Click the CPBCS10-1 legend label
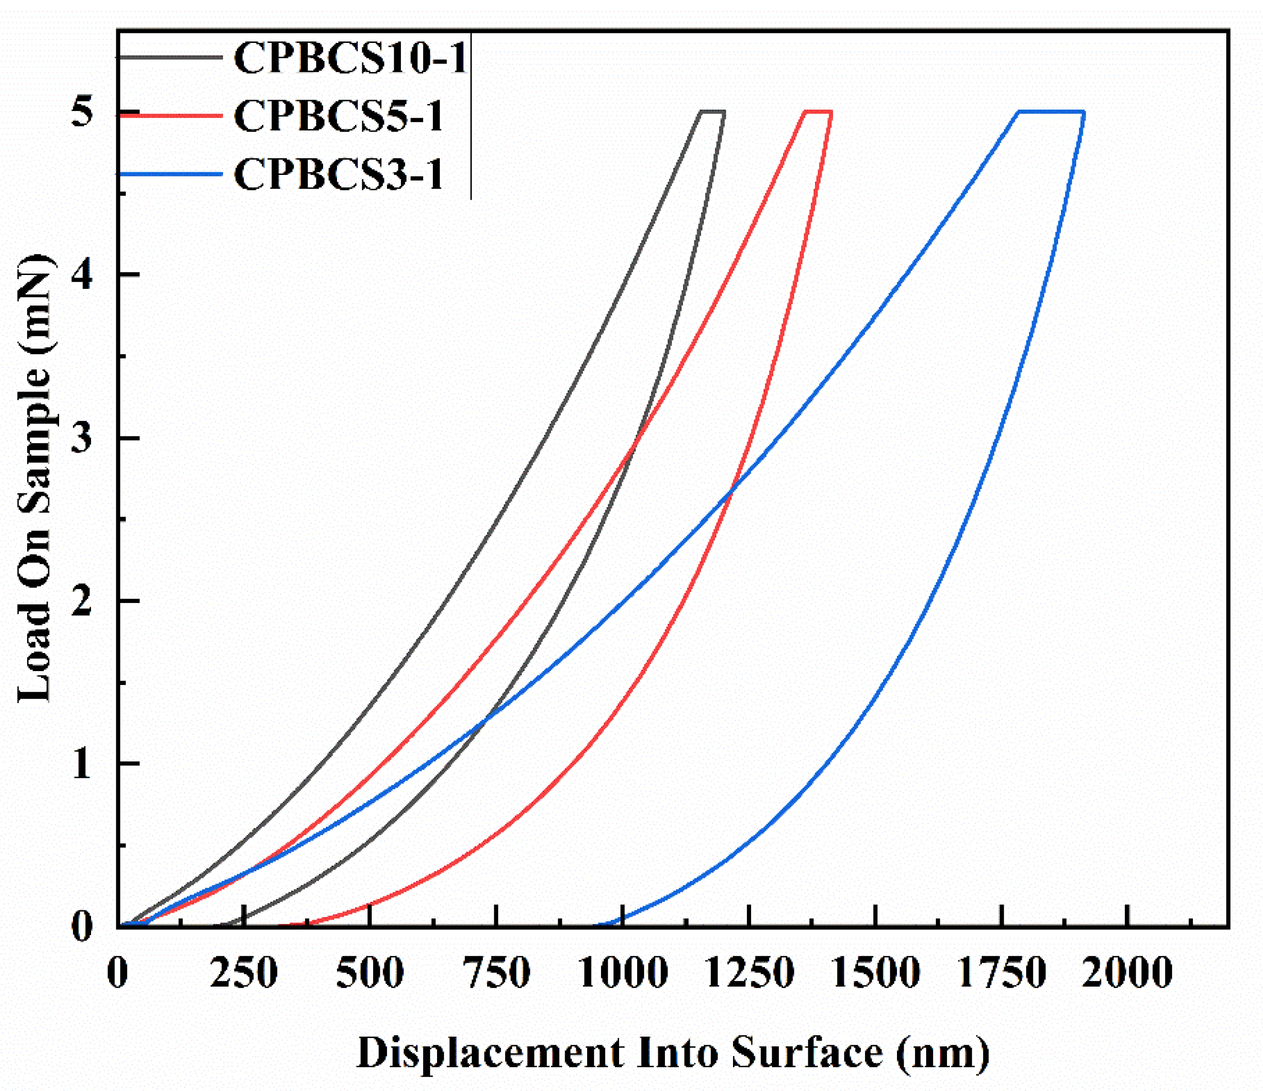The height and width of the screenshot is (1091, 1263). pyautogui.click(x=350, y=58)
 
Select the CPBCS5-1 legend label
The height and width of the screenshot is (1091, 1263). pyautogui.click(x=338, y=116)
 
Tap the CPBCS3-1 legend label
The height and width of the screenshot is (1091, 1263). pyautogui.click(x=338, y=174)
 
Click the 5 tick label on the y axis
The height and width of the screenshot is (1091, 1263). pyautogui.click(x=81, y=113)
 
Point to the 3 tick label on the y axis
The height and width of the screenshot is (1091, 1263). pyautogui.click(x=81, y=438)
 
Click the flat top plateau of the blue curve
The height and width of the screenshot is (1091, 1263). pyautogui.click(x=1051, y=112)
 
